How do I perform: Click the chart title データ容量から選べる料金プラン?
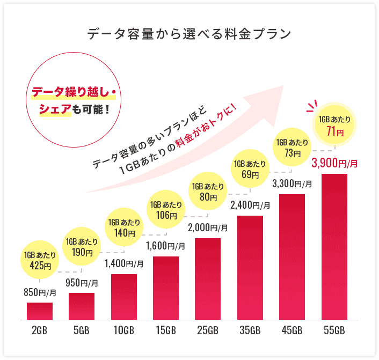tap(189, 34)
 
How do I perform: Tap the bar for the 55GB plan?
tap(334, 247)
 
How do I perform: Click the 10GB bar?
tap(124, 297)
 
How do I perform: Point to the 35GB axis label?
tap(250, 329)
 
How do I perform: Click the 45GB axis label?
tap(292, 329)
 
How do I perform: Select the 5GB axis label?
tap(82, 329)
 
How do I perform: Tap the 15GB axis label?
tap(166, 329)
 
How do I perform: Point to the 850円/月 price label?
tap(40, 293)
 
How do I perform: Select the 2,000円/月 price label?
tap(208, 227)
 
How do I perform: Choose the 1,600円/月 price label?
tap(166, 246)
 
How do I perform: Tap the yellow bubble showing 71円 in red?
tap(334, 124)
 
